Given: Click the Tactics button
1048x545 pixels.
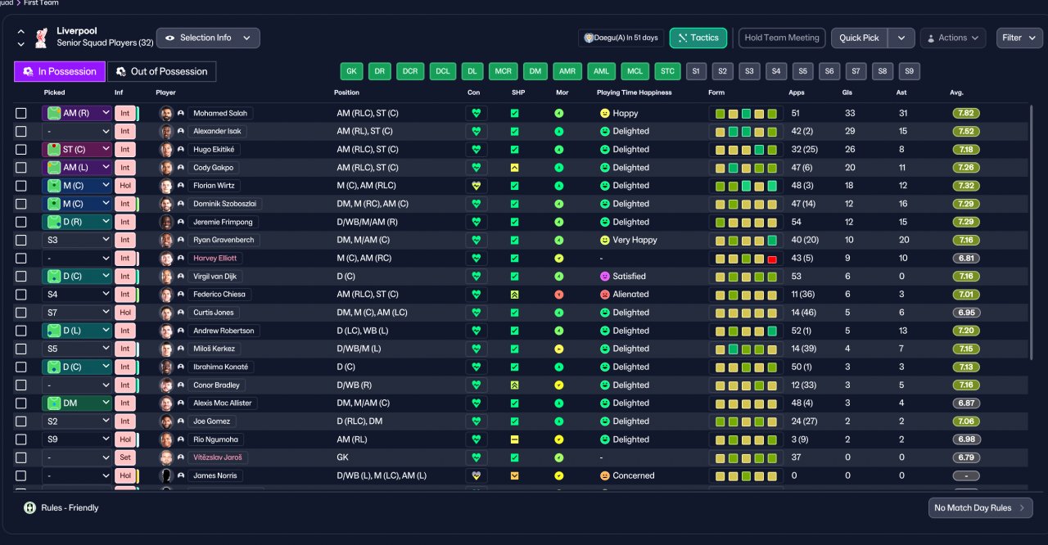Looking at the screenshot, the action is point(698,38).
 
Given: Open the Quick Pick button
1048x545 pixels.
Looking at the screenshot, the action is point(859,38).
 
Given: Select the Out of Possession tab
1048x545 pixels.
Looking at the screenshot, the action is point(162,71).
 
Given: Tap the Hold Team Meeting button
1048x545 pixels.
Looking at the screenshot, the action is point(782,38).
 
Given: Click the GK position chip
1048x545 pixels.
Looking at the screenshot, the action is point(351,71).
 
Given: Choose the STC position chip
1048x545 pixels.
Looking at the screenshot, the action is point(667,71).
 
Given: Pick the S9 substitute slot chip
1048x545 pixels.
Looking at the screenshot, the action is point(909,71).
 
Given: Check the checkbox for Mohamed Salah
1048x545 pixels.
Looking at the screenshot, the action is point(21,114).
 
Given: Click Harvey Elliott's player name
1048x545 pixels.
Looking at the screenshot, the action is point(215,258).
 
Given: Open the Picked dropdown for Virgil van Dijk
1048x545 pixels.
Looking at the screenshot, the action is point(77,277).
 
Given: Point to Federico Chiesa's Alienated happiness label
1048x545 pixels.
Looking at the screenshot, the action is point(630,295).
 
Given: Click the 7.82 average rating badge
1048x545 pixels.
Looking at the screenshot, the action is point(966,113).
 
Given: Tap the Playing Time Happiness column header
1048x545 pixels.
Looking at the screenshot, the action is point(634,92).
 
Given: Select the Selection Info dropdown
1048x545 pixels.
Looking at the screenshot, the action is point(208,38).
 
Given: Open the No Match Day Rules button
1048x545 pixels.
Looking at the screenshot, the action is point(980,508).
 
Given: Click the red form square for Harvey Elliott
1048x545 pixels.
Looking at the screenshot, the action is point(772,259).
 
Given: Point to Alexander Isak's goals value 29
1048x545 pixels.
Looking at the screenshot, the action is point(850,132).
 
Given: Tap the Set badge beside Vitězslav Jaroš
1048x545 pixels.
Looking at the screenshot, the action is point(125,457).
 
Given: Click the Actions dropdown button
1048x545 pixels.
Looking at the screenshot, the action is point(953,38).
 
